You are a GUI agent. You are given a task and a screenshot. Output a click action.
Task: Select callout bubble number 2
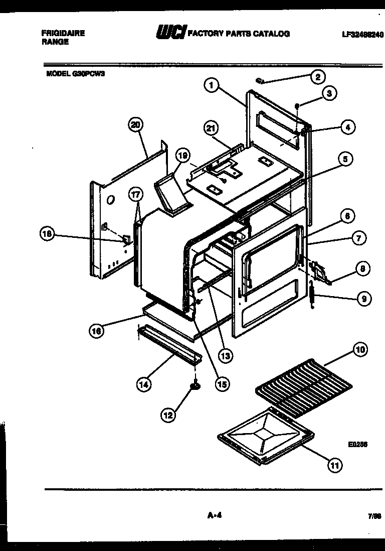[317, 77]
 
